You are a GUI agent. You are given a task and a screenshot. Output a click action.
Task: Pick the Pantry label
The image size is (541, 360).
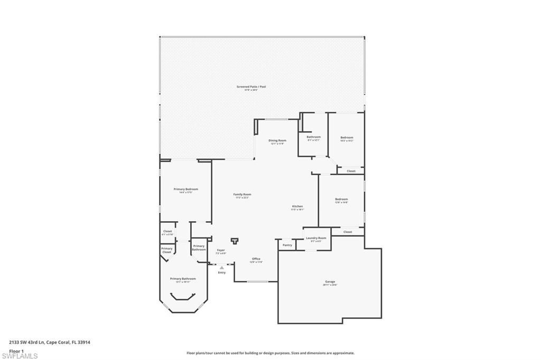tap(287, 245)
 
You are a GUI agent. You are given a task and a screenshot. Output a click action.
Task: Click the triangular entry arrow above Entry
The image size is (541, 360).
tap(221, 268)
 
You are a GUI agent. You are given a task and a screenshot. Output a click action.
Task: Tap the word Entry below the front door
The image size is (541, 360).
tap(221, 272)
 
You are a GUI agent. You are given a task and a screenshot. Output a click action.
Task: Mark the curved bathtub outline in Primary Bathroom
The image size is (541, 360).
tap(183, 299)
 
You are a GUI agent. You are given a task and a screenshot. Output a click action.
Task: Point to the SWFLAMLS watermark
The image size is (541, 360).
tap(20, 356)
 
